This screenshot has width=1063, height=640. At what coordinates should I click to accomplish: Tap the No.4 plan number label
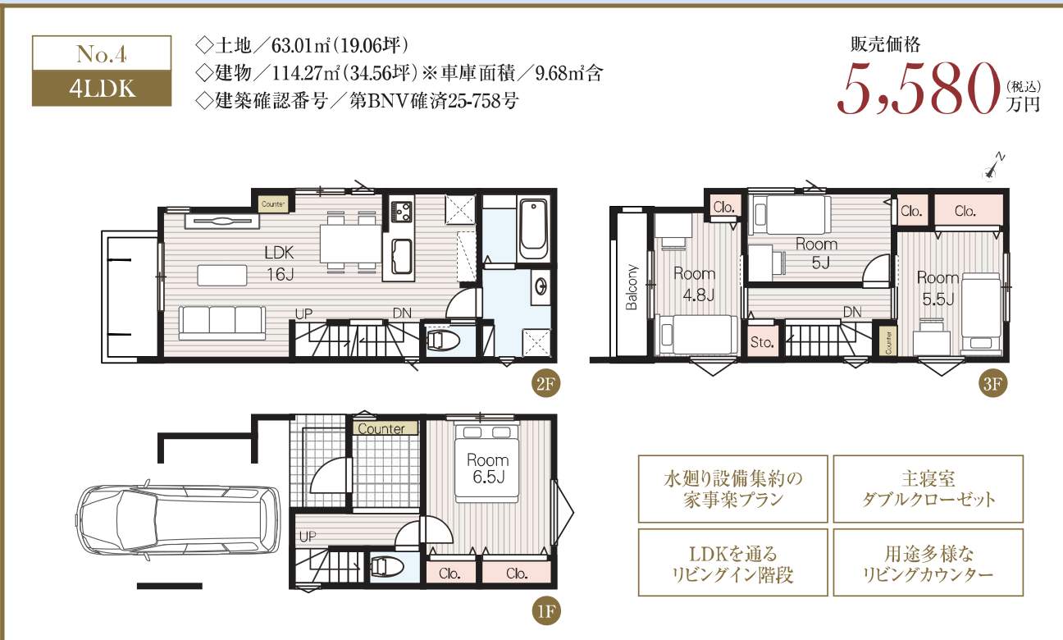pos(102,53)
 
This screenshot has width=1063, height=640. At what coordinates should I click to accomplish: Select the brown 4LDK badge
pos(102,89)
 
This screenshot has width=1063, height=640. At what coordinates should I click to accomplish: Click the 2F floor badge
pos(545,384)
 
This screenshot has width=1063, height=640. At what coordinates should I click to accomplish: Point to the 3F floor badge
pos(992,384)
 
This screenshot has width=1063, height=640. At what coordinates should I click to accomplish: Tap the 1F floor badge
pos(545,611)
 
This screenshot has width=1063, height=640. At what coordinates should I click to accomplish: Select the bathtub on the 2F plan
pos(534,230)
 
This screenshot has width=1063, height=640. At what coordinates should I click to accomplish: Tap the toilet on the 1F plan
pos(387,567)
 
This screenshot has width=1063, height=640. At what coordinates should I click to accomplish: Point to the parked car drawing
pos(178,520)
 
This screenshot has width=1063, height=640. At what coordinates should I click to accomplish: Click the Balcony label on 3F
pos(632,287)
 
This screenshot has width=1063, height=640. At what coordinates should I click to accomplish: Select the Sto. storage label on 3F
pos(762,342)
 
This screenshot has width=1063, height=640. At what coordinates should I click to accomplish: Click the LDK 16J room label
pos(280,263)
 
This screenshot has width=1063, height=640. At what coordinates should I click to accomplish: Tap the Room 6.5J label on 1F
pos(488,469)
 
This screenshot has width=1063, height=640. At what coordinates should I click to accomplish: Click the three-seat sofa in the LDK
pos(222,322)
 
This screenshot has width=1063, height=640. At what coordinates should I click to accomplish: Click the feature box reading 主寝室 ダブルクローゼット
pos(928,489)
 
